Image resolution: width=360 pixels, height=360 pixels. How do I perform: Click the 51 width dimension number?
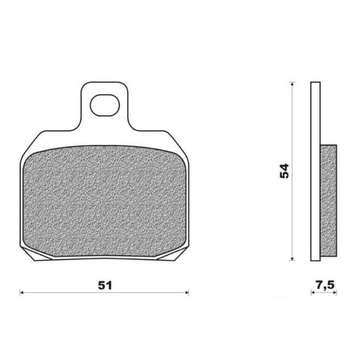tap(105, 285)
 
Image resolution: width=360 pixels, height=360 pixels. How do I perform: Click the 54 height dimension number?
tap(284, 171)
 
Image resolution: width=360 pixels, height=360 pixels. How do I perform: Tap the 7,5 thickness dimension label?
tap(324, 285)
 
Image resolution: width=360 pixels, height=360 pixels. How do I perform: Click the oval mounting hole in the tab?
tap(105, 106)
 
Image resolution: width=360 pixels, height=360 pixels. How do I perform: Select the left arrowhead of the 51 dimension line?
tap(22, 292)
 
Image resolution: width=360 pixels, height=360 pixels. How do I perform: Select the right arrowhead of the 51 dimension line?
tap(187, 292)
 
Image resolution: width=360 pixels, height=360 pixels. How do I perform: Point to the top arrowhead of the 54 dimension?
tap(292, 84)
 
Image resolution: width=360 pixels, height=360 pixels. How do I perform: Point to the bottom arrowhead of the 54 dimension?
tap(292, 259)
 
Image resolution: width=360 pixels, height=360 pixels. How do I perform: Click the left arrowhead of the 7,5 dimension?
tap(313, 292)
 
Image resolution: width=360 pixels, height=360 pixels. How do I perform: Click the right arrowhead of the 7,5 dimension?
tap(335, 292)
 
